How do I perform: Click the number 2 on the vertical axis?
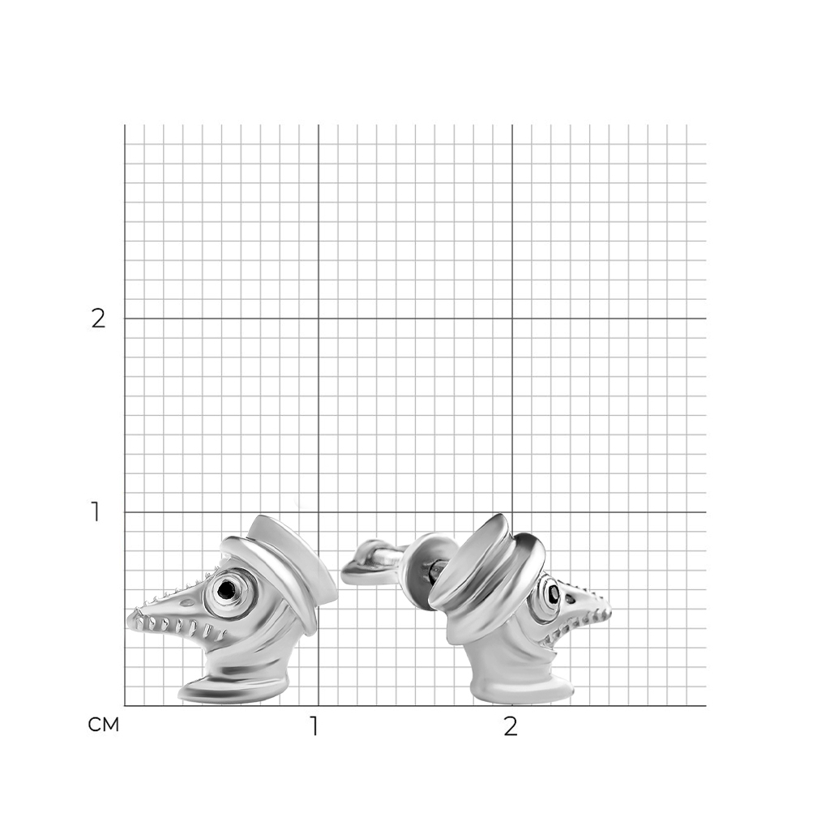98,318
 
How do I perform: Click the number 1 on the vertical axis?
96,512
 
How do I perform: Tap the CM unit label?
104,725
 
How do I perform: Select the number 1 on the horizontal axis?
314,727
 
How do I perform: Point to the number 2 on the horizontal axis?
511,727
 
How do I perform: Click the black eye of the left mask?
226,588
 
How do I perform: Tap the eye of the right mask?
553,593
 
